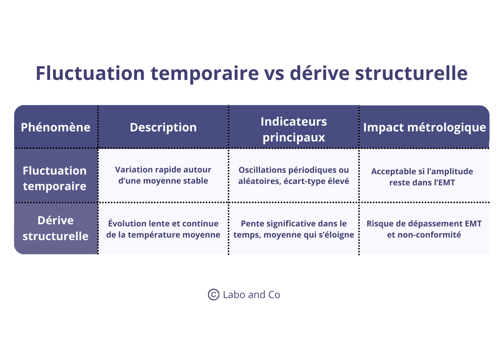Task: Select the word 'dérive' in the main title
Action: point(320,73)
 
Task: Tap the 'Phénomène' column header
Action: point(55,127)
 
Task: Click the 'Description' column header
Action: point(163,127)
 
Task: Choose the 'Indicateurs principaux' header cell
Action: point(294,129)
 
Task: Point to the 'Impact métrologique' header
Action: point(424,127)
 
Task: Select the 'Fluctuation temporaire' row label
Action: point(55,178)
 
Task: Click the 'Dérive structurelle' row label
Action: point(55,228)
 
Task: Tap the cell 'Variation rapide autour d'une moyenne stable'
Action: point(163,175)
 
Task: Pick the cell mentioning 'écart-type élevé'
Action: point(294,175)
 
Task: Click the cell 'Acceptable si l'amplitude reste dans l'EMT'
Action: point(422,177)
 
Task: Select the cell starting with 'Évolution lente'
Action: point(163,229)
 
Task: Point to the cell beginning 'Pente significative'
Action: point(294,229)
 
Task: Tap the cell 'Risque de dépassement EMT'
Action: point(424,229)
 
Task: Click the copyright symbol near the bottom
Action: point(213,294)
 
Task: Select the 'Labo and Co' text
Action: point(251,294)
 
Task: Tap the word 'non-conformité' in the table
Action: point(424,235)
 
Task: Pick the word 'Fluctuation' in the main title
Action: point(90,73)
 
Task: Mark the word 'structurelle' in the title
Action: point(411,73)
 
